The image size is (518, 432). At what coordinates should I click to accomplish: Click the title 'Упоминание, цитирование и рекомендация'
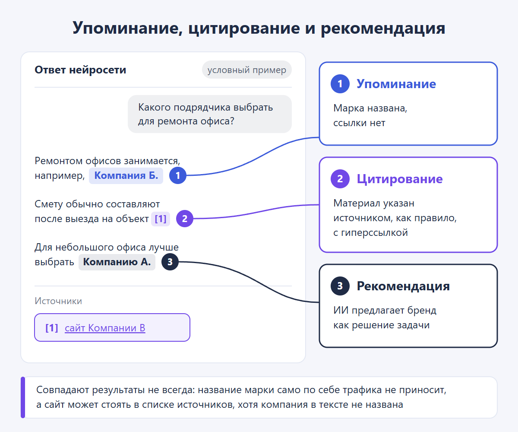(259, 28)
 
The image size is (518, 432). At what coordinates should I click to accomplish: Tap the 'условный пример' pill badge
(247, 70)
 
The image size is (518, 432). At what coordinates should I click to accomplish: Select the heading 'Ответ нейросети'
(80, 70)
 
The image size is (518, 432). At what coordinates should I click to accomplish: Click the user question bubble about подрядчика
(210, 114)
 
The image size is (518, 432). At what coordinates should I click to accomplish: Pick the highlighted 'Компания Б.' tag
(126, 175)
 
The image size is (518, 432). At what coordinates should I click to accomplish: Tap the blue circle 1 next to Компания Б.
(177, 175)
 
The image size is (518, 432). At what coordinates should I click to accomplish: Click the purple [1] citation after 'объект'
(161, 219)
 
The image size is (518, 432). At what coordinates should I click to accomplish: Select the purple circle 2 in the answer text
(185, 219)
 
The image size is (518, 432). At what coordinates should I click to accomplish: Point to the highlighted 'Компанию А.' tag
(117, 262)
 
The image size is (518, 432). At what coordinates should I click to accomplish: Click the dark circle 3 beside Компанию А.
(170, 262)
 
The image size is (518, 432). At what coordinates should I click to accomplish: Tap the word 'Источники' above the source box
(58, 301)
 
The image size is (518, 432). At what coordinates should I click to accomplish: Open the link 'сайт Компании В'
(105, 328)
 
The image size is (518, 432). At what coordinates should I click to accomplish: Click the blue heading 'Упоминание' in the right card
(396, 84)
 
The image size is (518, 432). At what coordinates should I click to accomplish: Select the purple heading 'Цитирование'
(400, 179)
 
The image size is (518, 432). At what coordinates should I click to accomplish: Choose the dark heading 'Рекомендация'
(403, 286)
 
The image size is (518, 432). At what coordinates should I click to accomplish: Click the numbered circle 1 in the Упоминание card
(340, 84)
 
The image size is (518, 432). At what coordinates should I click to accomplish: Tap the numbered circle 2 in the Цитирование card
(340, 179)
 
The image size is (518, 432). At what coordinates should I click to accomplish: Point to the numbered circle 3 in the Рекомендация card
(340, 286)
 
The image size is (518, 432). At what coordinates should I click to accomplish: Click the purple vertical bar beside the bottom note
(23, 397)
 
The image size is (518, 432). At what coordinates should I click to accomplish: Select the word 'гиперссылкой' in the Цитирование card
(374, 233)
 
